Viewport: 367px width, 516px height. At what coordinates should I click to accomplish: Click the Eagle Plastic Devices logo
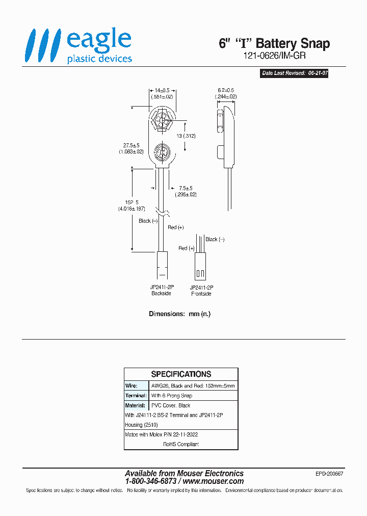point(79,46)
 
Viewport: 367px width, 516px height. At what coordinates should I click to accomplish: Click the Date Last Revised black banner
point(294,73)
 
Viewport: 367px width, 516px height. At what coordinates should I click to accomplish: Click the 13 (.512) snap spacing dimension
point(187,136)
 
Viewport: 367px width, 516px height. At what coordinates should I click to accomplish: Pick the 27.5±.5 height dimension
point(132,148)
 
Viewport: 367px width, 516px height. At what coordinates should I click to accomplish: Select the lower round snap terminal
point(163,152)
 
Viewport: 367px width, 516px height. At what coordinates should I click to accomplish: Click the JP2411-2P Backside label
point(162,291)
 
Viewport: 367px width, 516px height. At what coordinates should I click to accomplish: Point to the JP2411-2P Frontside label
point(201,291)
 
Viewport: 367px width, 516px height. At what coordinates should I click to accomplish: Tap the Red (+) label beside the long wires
point(176,227)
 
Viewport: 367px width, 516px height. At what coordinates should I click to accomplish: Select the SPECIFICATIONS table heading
point(181,374)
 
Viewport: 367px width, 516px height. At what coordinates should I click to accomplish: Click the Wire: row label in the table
point(132,386)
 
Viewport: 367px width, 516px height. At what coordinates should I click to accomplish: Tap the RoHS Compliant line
point(181,444)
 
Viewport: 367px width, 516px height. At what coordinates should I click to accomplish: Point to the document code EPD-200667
point(329,474)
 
